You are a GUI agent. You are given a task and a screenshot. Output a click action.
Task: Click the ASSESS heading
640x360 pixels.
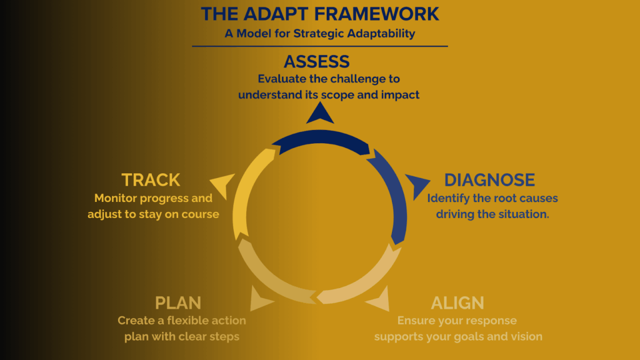pyautogui.click(x=316, y=62)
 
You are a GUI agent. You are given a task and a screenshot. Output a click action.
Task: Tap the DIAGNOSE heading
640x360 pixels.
pyautogui.click(x=489, y=180)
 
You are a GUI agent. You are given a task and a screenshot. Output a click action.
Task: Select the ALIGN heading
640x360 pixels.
pyautogui.click(x=457, y=303)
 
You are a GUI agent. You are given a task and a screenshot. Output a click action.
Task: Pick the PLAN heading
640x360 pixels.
pyautogui.click(x=178, y=303)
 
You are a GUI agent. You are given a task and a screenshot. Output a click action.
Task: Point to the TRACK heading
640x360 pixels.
pyautogui.click(x=151, y=180)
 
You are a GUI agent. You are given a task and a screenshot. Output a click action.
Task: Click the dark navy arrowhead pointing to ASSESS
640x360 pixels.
pyautogui.click(x=320, y=112)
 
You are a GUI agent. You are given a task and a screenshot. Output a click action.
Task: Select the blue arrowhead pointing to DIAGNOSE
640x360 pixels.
pyautogui.click(x=416, y=185)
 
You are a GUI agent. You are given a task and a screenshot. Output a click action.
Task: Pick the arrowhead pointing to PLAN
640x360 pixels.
pyautogui.click(x=261, y=299)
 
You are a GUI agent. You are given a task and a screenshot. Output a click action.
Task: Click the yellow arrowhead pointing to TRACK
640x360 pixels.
pyautogui.click(x=222, y=185)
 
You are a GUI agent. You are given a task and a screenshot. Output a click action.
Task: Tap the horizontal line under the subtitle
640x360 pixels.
pyautogui.click(x=320, y=46)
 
